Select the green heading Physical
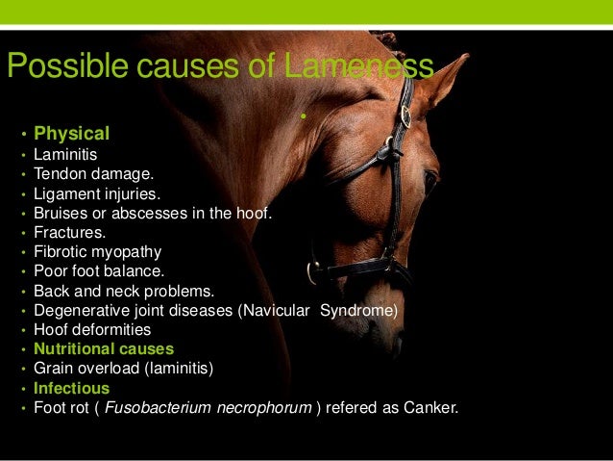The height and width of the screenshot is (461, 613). click(72, 133)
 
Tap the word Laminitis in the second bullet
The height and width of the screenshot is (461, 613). click(65, 153)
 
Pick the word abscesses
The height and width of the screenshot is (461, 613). click(153, 213)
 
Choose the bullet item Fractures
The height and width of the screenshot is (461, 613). click(70, 232)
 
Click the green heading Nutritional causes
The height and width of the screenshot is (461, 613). click(104, 349)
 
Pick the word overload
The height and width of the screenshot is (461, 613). click(110, 369)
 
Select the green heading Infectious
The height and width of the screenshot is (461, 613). click(72, 389)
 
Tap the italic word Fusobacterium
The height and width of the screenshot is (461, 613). click(155, 408)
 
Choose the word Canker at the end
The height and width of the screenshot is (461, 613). click(431, 408)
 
